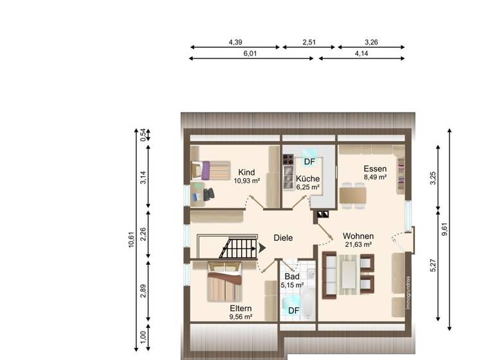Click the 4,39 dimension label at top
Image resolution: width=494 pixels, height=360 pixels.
pos(235,42)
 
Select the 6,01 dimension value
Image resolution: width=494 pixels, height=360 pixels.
pos(250,54)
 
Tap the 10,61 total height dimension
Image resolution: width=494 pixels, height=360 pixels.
pos(131,239)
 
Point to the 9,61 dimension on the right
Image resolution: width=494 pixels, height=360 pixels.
pos(444,230)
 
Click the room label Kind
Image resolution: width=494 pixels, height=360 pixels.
pos(246,172)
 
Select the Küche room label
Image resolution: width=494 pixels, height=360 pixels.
pos(307,178)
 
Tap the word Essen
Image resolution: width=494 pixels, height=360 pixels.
pos(375,168)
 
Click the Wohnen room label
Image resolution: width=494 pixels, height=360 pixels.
pos(358,236)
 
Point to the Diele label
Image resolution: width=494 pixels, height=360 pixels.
pos(283,238)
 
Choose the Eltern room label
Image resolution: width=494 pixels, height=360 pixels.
pos(240,309)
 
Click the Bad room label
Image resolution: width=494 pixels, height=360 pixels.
pos(291,276)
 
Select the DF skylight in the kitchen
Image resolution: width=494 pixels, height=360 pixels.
pos(309,161)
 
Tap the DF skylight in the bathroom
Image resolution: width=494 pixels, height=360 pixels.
pos(293,310)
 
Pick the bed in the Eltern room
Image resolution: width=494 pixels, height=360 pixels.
pos(224,283)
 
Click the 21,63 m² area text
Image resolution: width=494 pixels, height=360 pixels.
pos(358,244)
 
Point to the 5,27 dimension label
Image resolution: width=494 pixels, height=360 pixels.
pos(433,265)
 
